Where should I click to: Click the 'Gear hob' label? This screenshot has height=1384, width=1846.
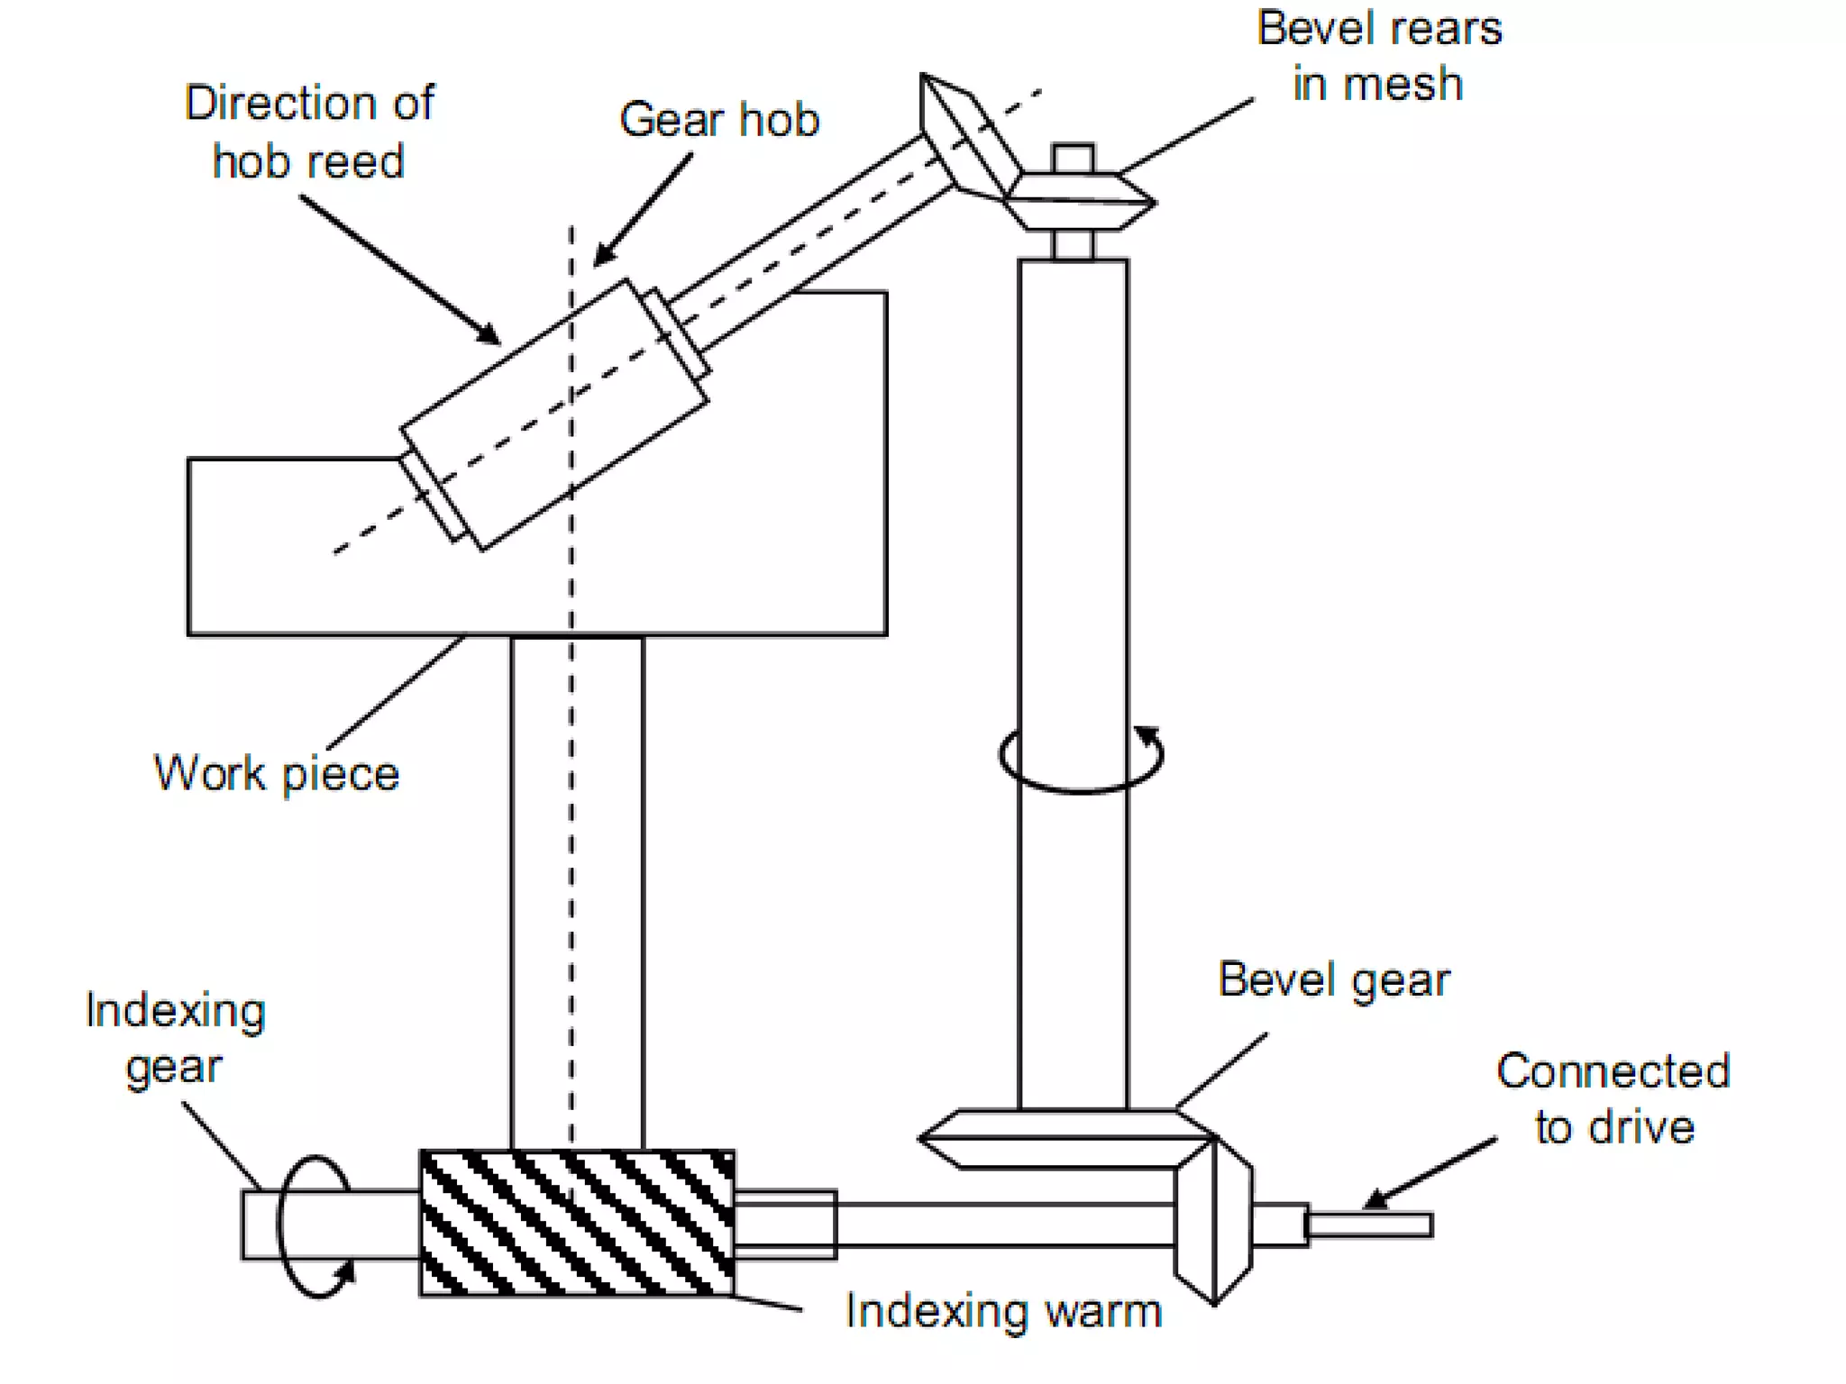[x=718, y=120]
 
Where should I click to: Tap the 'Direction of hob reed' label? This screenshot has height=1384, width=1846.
[x=308, y=132]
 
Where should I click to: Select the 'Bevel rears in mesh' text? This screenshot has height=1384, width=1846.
[x=1378, y=56]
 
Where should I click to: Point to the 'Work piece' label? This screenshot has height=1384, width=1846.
[x=277, y=773]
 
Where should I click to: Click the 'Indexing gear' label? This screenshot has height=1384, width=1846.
[x=175, y=1038]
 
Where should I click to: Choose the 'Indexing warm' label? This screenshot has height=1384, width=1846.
[x=1003, y=1311]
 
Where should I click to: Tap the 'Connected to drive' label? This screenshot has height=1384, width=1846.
[x=1613, y=1098]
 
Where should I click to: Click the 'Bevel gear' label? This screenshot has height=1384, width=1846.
[x=1334, y=979]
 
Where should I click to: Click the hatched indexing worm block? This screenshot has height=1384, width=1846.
[x=577, y=1223]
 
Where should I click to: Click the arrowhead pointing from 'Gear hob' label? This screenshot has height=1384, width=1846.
[x=602, y=255]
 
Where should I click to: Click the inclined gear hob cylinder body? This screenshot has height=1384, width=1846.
[x=554, y=414]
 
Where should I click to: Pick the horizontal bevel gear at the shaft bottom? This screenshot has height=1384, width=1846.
[x=1064, y=1140]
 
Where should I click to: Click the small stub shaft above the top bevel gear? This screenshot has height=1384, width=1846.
[x=1073, y=158]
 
